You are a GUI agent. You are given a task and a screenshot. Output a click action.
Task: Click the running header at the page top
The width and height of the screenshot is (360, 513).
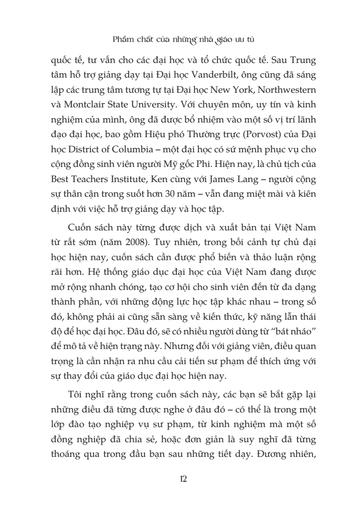[x=180, y=39]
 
